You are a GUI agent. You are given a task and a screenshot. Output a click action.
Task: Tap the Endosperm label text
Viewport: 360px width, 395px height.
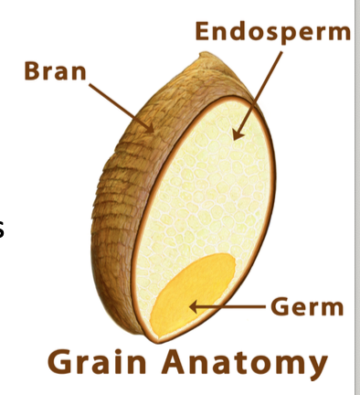point(273,32)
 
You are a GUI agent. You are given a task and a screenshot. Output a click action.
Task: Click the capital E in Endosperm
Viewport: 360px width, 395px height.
point(204,32)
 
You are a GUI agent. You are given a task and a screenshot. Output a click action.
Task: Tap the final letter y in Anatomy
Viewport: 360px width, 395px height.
point(315,366)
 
